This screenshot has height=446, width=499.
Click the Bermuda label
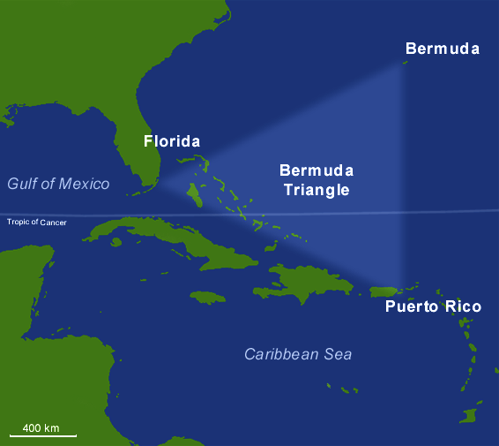coord(442,49)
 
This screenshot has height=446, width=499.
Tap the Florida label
coord(172,141)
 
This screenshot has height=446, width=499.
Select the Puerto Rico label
coord(433,306)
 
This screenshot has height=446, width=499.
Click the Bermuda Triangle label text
coord(315,179)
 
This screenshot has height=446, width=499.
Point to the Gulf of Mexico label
coord(58,184)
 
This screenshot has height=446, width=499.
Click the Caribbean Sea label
coord(298,354)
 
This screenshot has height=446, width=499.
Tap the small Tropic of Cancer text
coord(37,222)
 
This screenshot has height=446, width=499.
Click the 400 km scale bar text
coord(41,427)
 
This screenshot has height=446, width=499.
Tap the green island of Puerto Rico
coord(387,291)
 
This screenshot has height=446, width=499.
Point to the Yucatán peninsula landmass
coord(22,274)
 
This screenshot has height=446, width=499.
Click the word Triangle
coord(315,189)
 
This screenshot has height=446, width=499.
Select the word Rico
coord(464,306)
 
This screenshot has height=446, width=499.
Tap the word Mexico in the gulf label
coord(85,184)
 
